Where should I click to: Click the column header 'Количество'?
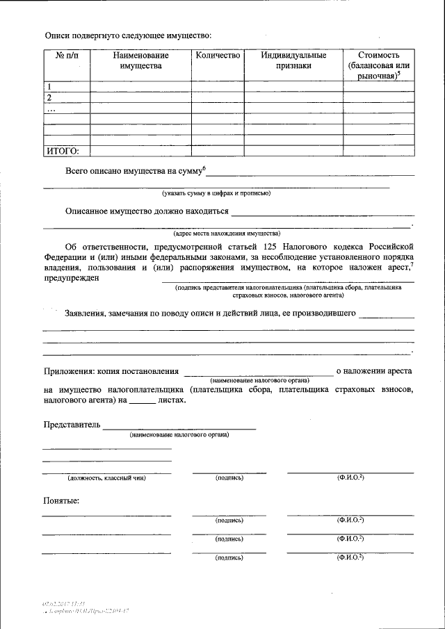(218, 55)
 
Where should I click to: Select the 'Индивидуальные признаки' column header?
(292, 60)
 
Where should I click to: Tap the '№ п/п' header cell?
(66, 55)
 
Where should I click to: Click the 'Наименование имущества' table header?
(140, 60)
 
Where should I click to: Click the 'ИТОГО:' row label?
(63, 150)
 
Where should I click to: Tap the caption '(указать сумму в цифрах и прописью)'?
(216, 193)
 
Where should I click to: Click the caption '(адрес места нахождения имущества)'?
(227, 234)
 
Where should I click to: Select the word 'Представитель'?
(72, 424)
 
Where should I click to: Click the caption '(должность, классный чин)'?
(106, 478)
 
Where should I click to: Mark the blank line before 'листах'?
(143, 402)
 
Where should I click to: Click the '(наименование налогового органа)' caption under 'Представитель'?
(179, 434)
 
